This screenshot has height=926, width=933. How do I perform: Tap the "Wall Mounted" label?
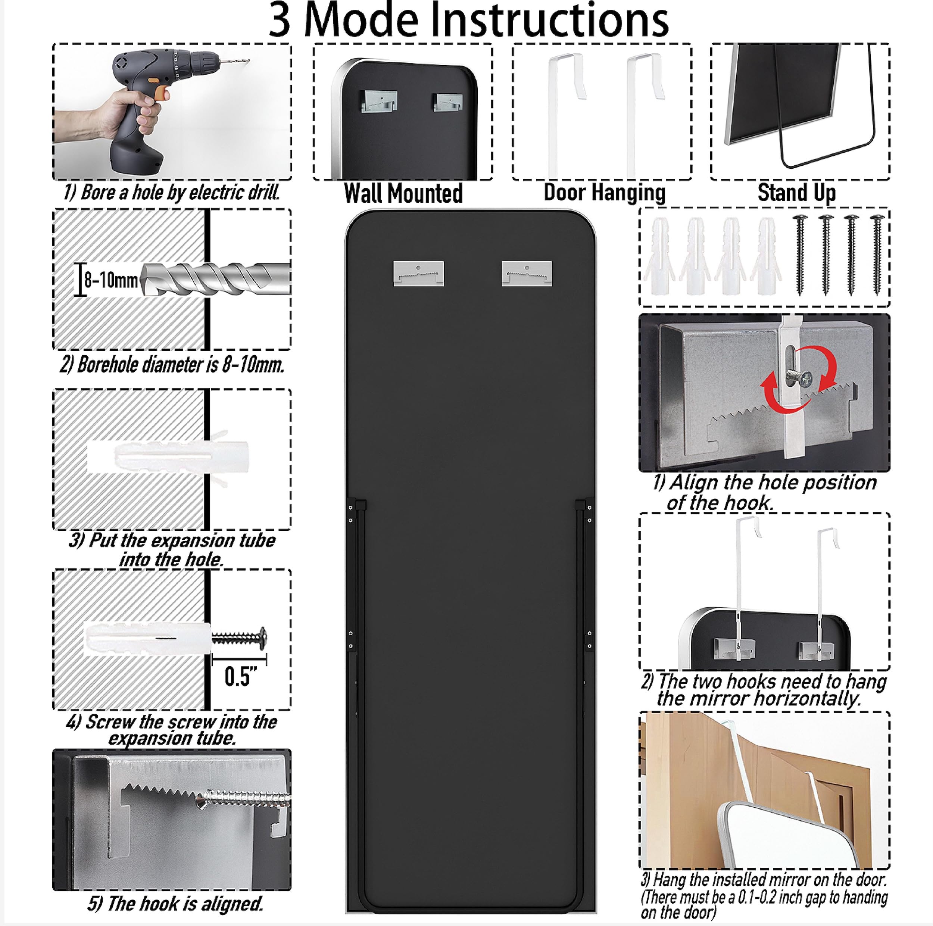403,193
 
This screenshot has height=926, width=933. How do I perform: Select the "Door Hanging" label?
604,192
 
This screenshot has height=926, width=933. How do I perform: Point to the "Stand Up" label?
797,192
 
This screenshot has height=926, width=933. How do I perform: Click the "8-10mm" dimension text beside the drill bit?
111,280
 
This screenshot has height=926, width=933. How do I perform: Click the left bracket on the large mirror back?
419,274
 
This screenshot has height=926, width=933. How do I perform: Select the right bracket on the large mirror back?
527,274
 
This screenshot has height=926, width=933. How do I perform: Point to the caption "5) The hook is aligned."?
175,903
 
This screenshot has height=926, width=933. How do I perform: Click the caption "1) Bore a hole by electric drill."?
171,192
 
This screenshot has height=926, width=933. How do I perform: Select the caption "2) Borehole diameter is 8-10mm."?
172,365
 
